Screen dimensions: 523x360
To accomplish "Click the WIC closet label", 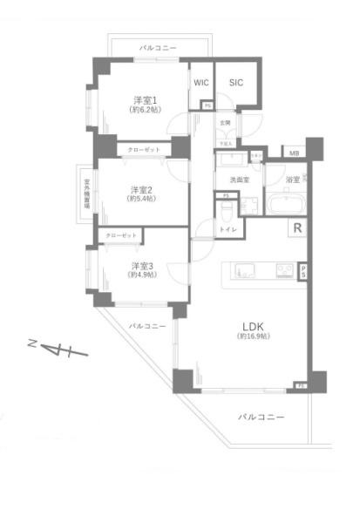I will tap(201, 83).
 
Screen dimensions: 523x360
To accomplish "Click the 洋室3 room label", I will tap(141, 265).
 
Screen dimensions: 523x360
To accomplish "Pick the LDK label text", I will tap(253, 329).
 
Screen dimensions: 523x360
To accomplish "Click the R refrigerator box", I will tap(297, 229).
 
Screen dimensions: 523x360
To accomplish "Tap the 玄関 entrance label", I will tap(225, 122).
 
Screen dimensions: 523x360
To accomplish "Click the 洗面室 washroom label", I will tap(240, 180).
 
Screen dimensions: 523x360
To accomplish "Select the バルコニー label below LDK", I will tap(262, 418).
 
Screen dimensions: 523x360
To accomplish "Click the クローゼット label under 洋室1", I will tap(144, 149).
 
